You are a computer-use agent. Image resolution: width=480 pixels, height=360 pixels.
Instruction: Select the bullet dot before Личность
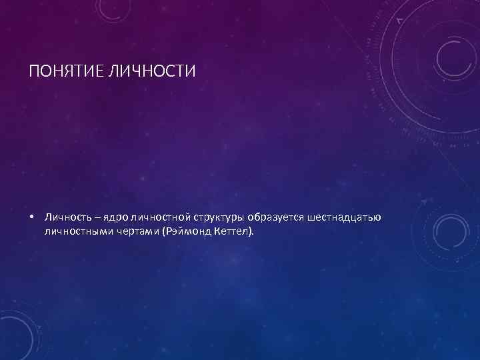[31, 217]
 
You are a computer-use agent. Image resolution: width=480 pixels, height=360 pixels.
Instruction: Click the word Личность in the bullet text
[64, 217]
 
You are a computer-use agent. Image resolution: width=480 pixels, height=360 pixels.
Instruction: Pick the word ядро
[112, 218]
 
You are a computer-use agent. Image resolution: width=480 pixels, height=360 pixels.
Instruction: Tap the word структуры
[219, 218]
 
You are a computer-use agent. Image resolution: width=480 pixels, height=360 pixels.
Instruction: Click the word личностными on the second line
[75, 232]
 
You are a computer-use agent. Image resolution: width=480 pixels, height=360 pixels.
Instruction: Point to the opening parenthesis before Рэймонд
[160, 232]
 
